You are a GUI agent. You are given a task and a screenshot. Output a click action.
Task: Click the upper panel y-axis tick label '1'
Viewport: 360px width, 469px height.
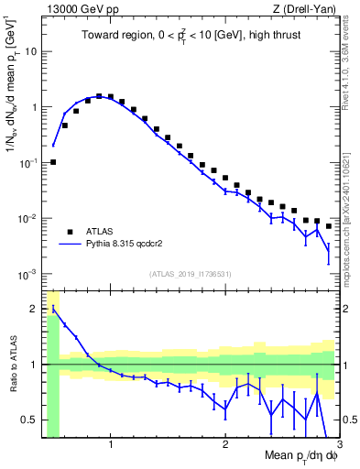tap(33, 107)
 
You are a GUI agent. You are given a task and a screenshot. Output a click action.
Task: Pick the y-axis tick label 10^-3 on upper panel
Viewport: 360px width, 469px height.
tap(27, 275)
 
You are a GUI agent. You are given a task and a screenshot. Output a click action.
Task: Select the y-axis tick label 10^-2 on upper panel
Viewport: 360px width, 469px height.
tap(27, 219)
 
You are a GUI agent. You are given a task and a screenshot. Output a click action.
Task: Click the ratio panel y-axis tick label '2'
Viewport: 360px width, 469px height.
tap(34, 309)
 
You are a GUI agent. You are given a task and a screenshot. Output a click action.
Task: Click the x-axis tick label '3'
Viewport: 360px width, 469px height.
tap(338, 446)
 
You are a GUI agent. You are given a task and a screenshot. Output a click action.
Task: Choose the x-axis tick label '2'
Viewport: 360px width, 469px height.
tap(225, 446)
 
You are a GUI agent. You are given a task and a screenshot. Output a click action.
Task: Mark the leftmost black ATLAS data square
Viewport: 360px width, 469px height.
tap(53, 162)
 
